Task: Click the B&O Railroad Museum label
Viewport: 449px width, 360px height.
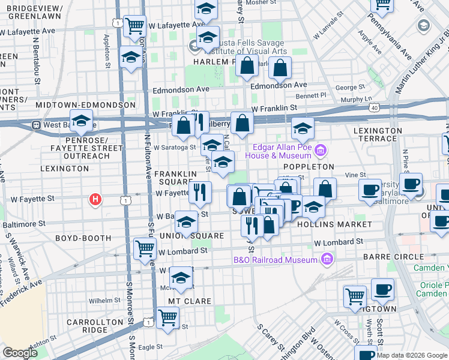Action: [x=275, y=260]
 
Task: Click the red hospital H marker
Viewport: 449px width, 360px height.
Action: [x=95, y=199]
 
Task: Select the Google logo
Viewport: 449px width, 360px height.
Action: [x=20, y=352]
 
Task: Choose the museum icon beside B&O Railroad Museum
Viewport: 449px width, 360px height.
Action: [x=327, y=259]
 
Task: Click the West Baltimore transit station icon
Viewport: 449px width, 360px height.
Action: [x=36, y=125]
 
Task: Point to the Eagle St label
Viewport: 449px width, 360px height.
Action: [x=150, y=347]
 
